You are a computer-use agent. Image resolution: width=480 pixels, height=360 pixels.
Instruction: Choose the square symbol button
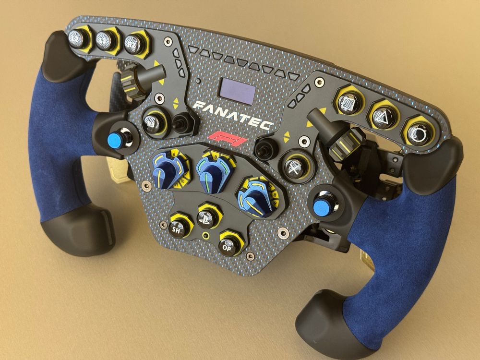(x=349, y=101)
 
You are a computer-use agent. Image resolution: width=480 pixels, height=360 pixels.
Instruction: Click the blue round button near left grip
(x=115, y=140)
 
